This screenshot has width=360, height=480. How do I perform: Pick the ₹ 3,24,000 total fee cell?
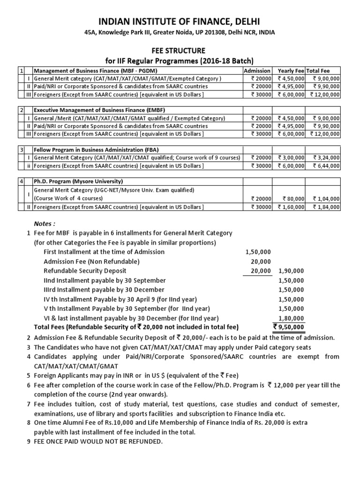click(326, 157)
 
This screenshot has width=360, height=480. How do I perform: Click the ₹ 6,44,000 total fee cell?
click(326, 166)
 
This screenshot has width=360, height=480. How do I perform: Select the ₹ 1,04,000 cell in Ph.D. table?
click(326, 198)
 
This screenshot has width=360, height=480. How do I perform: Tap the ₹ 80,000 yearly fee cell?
click(292, 198)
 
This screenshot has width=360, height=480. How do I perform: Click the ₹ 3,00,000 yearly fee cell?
click(291, 157)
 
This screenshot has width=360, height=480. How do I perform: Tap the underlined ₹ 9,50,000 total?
click(289, 327)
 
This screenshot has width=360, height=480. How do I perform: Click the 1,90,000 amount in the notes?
click(291, 270)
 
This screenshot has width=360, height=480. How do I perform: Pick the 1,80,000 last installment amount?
click(291, 317)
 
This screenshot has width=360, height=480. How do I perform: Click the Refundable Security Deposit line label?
click(85, 270)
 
